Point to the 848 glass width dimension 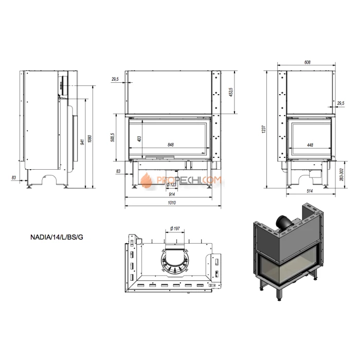point(171,145)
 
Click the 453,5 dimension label point(232,92)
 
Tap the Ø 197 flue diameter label point(172,228)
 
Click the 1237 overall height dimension point(264,130)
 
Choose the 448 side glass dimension point(310,145)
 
